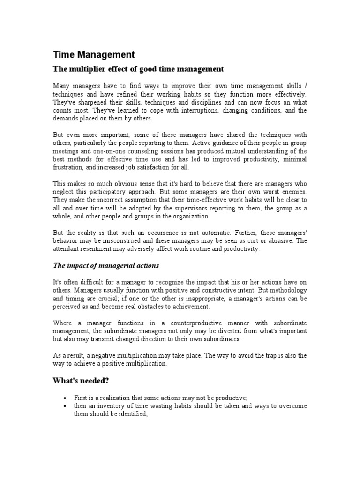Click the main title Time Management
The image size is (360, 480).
click(x=93, y=55)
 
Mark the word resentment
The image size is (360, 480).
click(x=97, y=249)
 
